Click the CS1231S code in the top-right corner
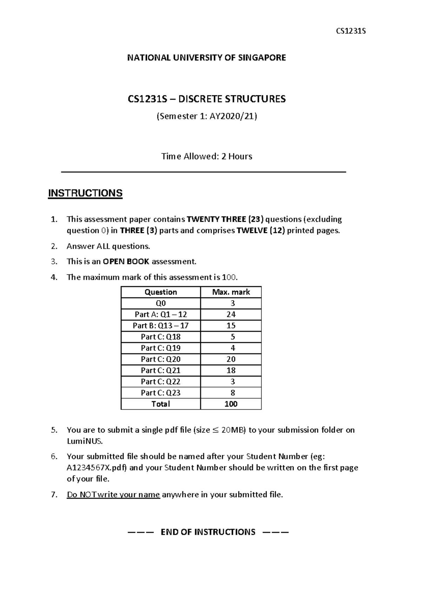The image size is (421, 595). [351, 31]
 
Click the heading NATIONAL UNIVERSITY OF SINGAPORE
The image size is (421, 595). [206, 58]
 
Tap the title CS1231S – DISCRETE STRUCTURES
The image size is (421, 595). [206, 99]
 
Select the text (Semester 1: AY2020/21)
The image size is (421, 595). [206, 116]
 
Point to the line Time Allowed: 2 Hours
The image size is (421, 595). [206, 156]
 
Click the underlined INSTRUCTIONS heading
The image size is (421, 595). [85, 193]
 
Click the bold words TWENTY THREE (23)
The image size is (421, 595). [226, 219]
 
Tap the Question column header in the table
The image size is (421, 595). [161, 292]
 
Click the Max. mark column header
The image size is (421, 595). [231, 292]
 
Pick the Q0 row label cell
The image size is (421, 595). [161, 303]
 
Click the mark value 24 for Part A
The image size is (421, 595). [231, 314]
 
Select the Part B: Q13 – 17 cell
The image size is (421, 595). [161, 326]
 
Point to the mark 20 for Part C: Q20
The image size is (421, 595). [231, 359]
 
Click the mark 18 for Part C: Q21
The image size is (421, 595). [231, 370]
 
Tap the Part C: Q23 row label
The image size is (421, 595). [161, 393]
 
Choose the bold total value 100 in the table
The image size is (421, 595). [231, 404]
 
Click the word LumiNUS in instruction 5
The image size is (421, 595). [85, 441]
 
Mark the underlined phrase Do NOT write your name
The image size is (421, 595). [113, 495]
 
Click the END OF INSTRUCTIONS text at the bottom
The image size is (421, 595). [208, 532]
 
